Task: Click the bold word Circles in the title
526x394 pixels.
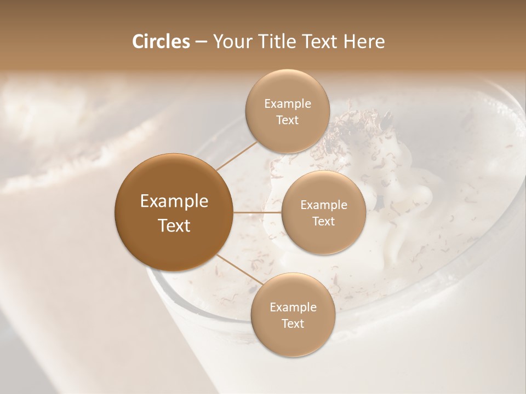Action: coord(161,42)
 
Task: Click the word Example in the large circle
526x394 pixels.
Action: coord(174,201)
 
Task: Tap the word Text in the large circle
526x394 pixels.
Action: coord(174,225)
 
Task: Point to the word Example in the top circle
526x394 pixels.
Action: coord(288,104)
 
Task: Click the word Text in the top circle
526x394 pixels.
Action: coord(287,120)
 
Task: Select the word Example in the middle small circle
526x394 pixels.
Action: coord(324,205)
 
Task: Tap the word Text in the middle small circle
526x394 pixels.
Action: coord(323,221)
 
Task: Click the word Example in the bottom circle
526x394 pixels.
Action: coord(293,308)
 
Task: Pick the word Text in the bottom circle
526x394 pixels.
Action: coord(293,323)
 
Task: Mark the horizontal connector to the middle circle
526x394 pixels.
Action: coord(258,212)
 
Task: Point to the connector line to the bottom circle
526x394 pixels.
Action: coord(240,269)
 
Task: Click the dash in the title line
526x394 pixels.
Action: coord(201,42)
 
